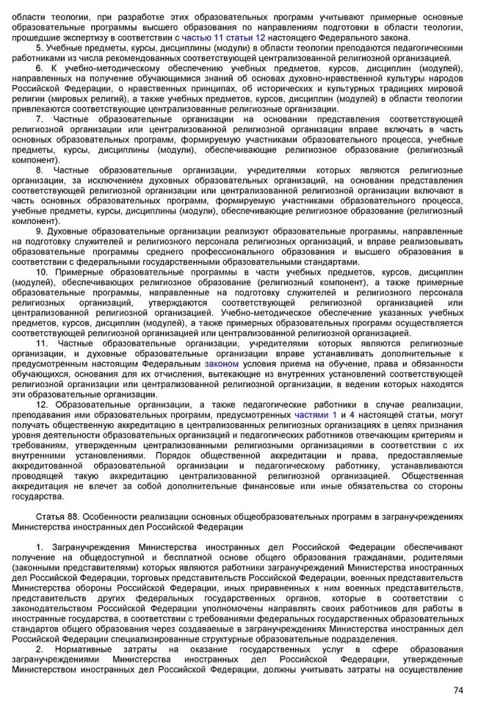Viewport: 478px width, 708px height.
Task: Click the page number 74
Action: tap(458, 690)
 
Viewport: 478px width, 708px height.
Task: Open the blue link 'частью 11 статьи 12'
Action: tap(223, 37)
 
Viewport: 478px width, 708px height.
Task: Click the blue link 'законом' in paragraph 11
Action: tap(221, 364)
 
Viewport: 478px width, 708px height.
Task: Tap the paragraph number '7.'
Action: tap(40, 119)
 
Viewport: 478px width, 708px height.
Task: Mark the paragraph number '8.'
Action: tap(40, 170)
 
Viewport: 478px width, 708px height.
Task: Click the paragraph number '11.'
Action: tap(42, 343)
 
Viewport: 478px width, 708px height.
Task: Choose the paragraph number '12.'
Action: tap(42, 404)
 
